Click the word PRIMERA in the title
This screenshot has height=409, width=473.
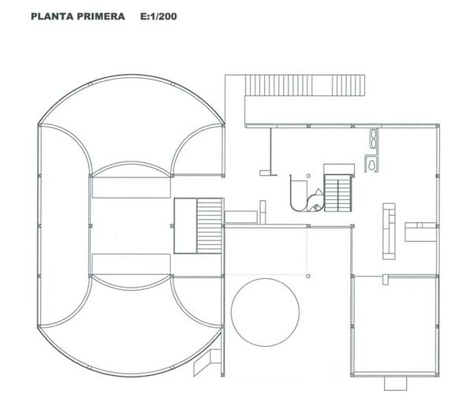pyautogui.click(x=101, y=17)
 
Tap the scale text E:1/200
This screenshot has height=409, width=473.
pyautogui.click(x=158, y=17)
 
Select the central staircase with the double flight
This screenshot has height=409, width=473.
pyautogui.click(x=338, y=193)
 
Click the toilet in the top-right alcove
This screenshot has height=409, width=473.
pyautogui.click(x=371, y=165)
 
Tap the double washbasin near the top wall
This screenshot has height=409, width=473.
pyautogui.click(x=374, y=139)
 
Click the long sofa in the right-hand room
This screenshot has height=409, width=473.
pyautogui.click(x=389, y=231)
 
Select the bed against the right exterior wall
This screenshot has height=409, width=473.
pyautogui.click(x=420, y=232)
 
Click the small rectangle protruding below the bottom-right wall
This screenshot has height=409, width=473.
pyautogui.click(x=396, y=383)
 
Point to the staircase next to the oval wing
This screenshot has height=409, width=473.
pyautogui.click(x=210, y=225)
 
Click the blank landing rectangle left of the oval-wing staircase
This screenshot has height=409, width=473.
pyautogui.click(x=185, y=225)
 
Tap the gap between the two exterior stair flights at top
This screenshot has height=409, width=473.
pyautogui.click(x=322, y=85)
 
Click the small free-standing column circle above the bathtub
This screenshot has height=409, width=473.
pyautogui.click(x=308, y=176)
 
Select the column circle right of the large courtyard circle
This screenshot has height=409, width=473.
pyautogui.click(x=308, y=276)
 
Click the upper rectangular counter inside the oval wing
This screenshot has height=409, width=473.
pyautogui.click(x=131, y=188)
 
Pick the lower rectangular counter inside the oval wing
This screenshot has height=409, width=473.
pyautogui.click(x=131, y=264)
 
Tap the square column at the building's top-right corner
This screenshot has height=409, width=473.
pyautogui.click(x=437, y=126)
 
